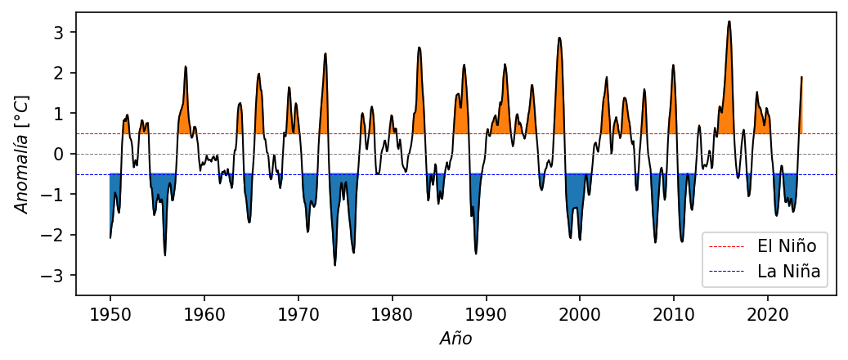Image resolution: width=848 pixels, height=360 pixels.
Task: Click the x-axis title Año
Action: pyautogui.click(x=455, y=338)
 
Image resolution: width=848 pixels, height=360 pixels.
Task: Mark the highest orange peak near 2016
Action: pyautogui.click(x=729, y=21)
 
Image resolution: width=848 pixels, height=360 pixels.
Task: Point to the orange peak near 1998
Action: pyautogui.click(x=559, y=38)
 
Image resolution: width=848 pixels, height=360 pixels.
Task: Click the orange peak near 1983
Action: pyautogui.click(x=420, y=47)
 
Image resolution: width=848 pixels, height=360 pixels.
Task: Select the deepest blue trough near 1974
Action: pyautogui.click(x=334, y=265)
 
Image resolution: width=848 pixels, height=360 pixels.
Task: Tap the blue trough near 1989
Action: pyautogui.click(x=476, y=254)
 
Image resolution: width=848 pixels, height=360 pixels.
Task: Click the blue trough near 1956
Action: pyautogui.click(x=165, y=255)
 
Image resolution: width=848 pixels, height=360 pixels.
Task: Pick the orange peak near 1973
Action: pyautogui.click(x=325, y=54)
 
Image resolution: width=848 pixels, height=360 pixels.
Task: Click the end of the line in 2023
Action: pyautogui.click(x=801, y=77)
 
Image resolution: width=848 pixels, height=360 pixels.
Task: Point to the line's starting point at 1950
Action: pyautogui.click(x=110, y=237)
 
